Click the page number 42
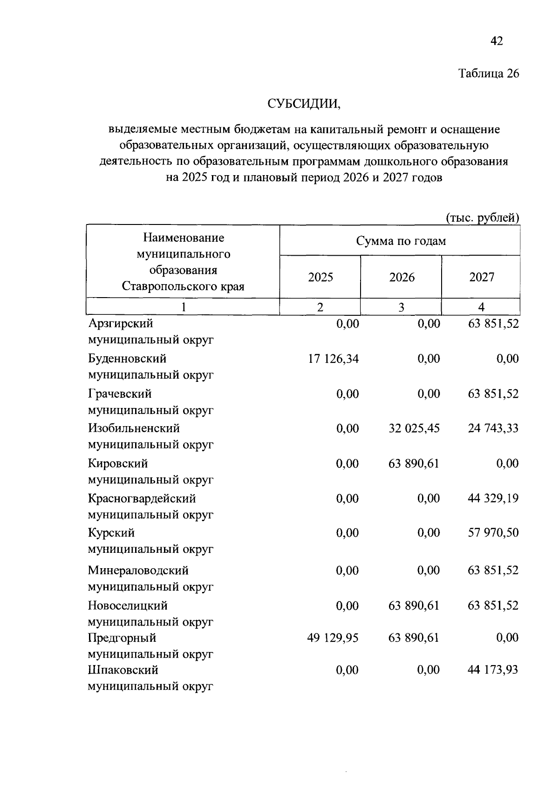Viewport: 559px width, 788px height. coord(497,41)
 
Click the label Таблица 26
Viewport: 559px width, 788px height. coord(488,74)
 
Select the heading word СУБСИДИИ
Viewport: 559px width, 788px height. coord(304,103)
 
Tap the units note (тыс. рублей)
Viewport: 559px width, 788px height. coord(482,217)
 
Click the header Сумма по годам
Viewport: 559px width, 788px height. coord(401,241)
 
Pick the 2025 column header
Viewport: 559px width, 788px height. coord(320,278)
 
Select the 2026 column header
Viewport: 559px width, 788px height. coord(402,278)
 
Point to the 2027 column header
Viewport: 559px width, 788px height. coord(481,278)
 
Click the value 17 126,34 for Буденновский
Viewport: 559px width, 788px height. coord(333,359)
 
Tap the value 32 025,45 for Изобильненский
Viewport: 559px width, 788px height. coord(414,428)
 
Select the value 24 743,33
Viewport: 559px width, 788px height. coord(493,428)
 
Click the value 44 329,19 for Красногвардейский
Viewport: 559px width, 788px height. coord(493,498)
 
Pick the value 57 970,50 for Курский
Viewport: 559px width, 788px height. coord(493,532)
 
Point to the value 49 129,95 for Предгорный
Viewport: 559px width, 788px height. coord(333,638)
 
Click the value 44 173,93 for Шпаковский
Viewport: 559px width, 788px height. coord(492,670)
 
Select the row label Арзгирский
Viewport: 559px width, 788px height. coord(121,323)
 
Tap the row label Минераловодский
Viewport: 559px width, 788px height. coord(138,571)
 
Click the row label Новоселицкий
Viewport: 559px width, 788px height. coord(128,605)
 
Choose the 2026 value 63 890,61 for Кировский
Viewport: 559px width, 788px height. coord(413,463)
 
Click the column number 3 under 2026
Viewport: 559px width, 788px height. coord(401,307)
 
